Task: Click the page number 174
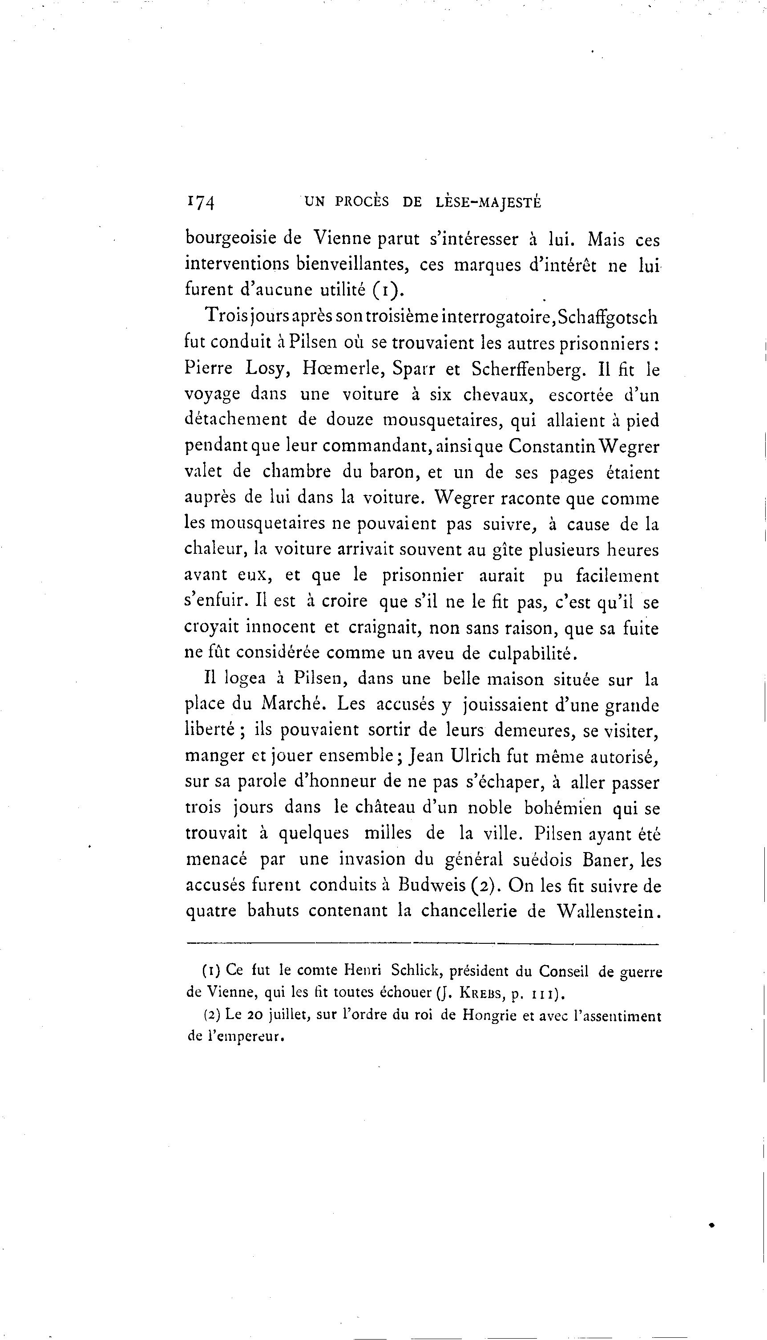(x=200, y=203)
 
